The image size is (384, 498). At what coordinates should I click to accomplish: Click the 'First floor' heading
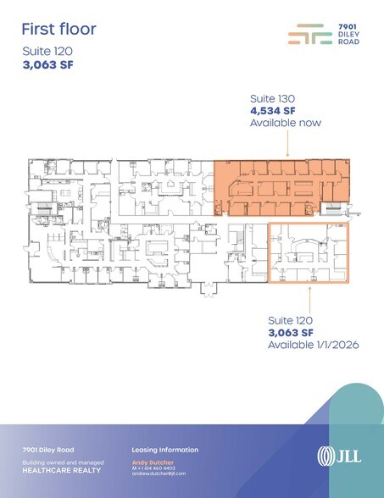[x=58, y=30]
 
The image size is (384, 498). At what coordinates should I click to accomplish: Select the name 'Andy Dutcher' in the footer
[x=151, y=462]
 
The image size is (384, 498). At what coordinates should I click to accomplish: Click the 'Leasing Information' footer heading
[x=165, y=450]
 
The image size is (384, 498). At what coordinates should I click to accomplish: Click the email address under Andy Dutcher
[x=159, y=473]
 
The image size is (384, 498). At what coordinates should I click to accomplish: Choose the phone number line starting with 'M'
[x=154, y=468]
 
